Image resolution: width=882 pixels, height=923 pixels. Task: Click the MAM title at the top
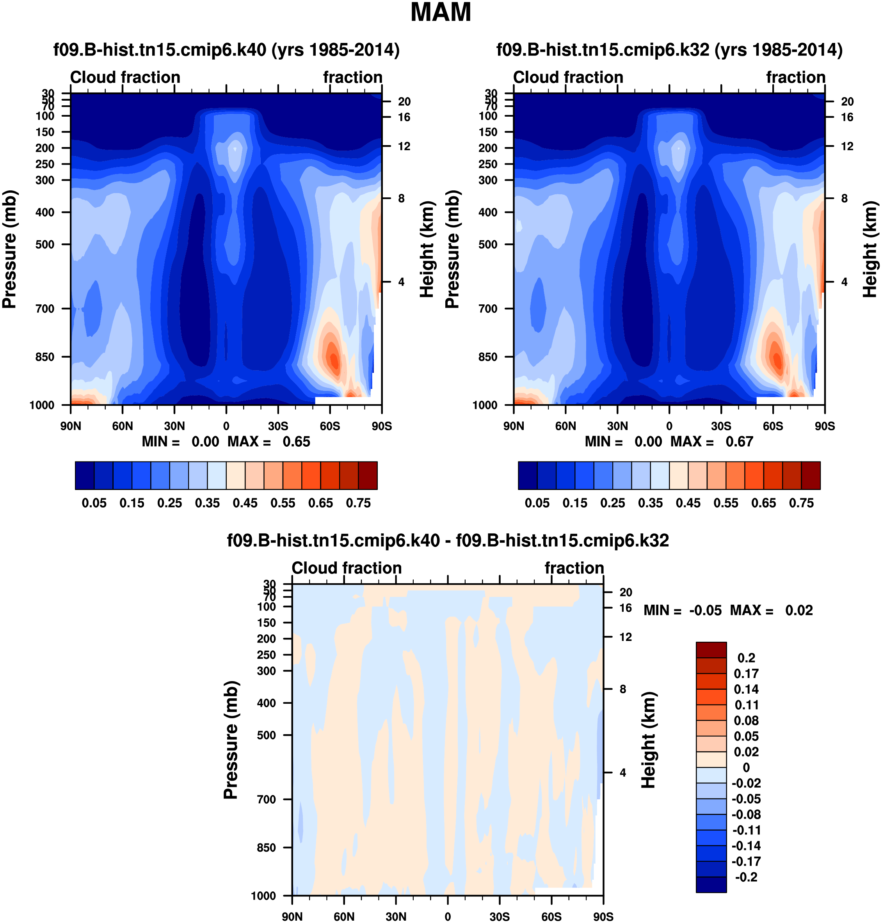[x=441, y=13]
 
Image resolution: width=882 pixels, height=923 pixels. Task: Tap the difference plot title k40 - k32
[x=448, y=540]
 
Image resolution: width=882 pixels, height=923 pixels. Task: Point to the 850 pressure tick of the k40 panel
[x=45, y=357]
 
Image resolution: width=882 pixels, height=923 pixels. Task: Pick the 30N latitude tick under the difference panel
[x=396, y=917]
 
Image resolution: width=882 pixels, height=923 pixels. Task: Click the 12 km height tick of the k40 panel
[x=404, y=146]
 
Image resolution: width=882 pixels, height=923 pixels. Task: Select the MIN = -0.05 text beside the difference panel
[x=682, y=611]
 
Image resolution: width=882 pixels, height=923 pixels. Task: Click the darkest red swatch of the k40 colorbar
[x=368, y=476]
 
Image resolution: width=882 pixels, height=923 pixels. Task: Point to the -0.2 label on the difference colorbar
[x=746, y=877]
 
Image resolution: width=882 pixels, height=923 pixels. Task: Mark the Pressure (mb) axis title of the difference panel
[x=231, y=740]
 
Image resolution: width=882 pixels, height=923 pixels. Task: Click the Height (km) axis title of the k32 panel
[x=870, y=249]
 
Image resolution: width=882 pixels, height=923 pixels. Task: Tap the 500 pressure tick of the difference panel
[x=267, y=735]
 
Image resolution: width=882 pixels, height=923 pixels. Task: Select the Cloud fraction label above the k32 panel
[x=568, y=77]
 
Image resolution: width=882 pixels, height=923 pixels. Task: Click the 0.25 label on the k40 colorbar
[x=170, y=503]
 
